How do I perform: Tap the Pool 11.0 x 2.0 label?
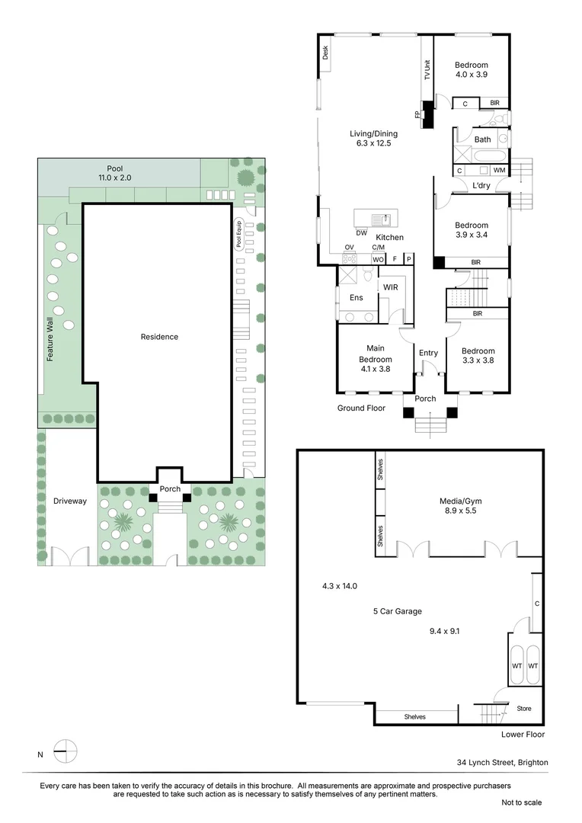tap(115, 173)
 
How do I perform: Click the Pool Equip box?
tap(238, 234)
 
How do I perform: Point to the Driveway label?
tap(70, 501)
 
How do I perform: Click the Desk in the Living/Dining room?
tap(325, 53)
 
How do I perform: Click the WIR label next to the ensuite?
tap(391, 287)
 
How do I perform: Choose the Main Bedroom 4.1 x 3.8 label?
tap(375, 359)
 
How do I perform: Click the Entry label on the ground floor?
tap(428, 353)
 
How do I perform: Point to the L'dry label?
tap(481, 186)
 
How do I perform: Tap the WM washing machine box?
tap(499, 170)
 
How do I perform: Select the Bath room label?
tap(482, 139)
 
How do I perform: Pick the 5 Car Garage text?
tap(397, 611)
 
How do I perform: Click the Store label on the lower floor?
tap(523, 708)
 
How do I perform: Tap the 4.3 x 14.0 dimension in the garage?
tap(340, 586)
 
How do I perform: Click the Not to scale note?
tap(521, 802)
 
